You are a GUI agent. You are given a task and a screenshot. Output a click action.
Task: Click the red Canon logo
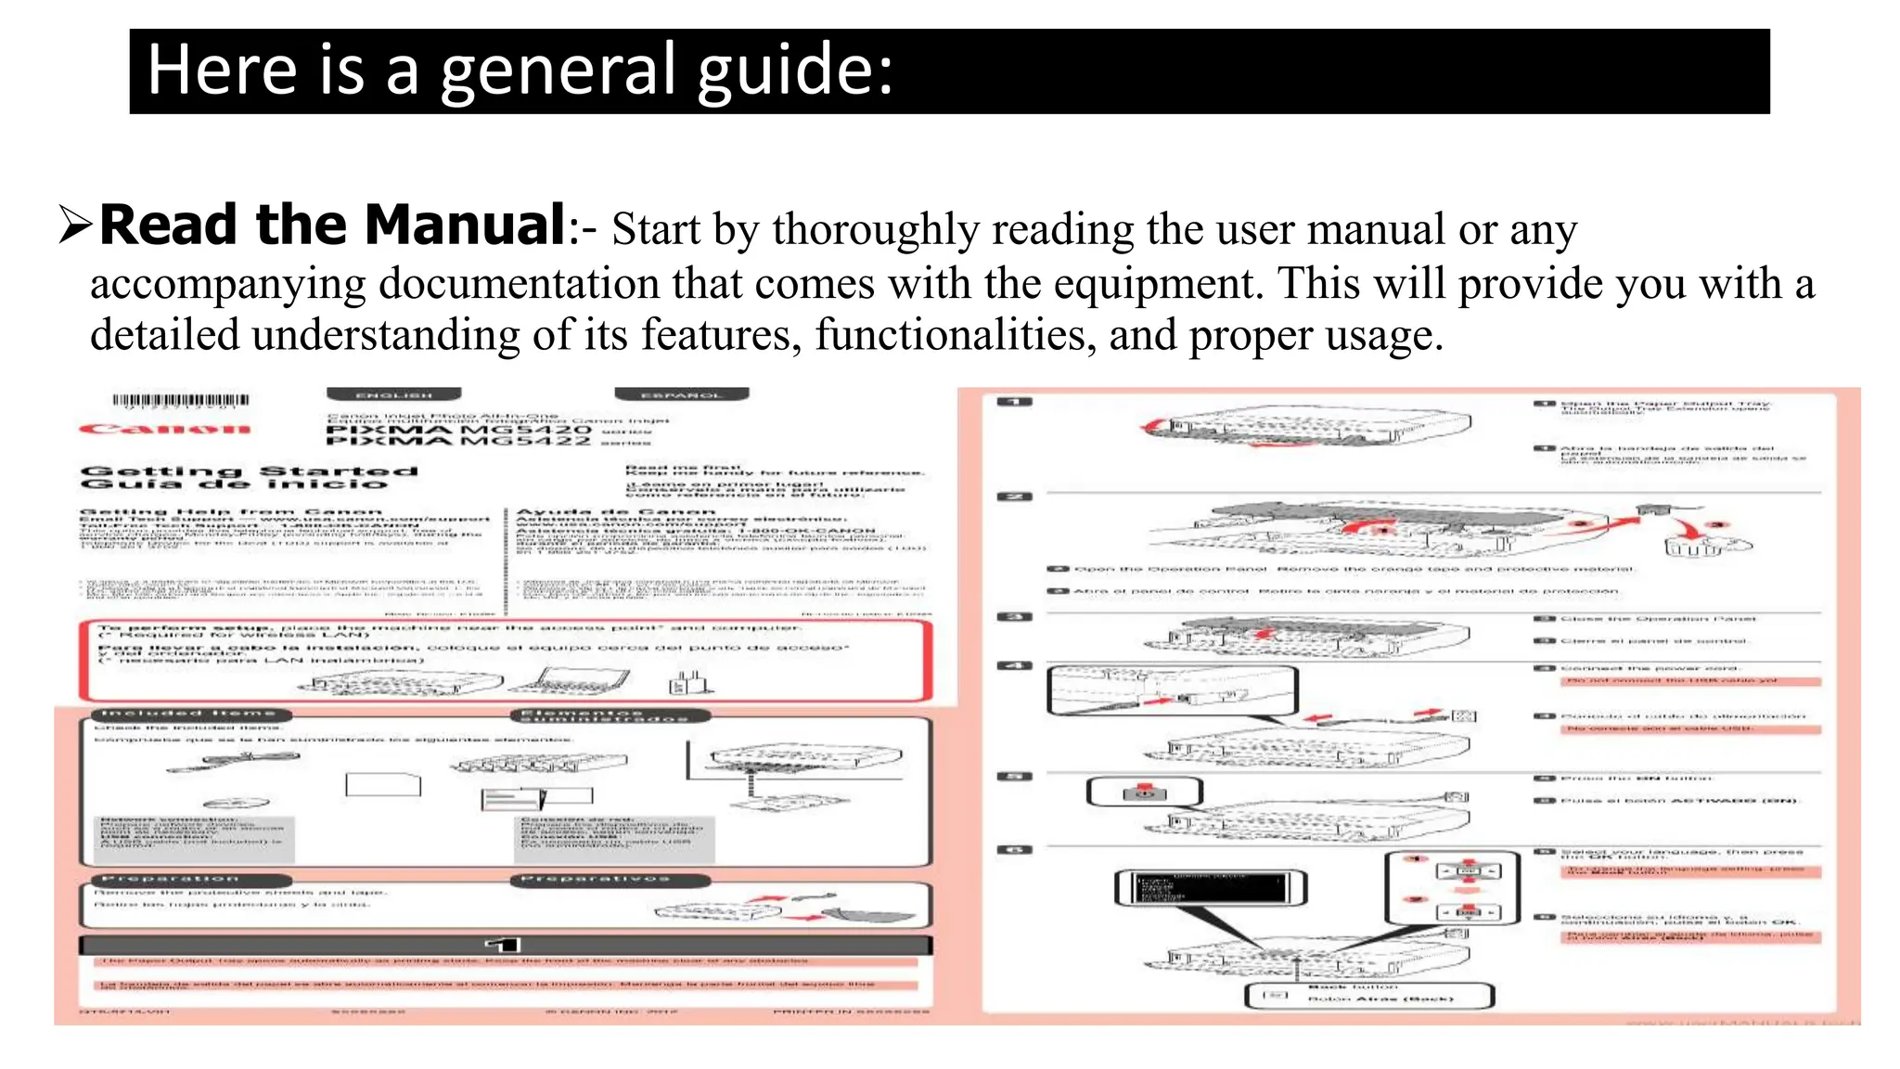point(165,429)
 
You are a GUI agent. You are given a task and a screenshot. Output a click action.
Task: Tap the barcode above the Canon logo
point(181,402)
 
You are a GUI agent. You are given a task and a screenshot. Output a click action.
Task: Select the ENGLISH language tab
point(393,395)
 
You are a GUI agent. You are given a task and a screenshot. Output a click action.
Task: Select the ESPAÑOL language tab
point(681,395)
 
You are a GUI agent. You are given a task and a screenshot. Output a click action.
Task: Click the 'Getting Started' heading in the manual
point(249,471)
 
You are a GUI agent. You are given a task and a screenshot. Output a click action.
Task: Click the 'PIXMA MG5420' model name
point(458,431)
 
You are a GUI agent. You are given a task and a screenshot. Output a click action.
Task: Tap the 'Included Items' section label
point(190,715)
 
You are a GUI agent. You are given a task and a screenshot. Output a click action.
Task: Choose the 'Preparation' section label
point(171,879)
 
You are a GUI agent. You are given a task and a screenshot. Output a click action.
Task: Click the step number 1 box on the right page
point(1014,402)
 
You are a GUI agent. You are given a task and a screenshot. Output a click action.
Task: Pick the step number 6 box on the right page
point(1014,850)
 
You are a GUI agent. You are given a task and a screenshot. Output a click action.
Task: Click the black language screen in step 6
point(1210,887)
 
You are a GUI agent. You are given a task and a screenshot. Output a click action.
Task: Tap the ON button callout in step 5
point(1144,792)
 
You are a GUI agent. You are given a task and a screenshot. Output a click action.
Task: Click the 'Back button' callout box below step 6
point(1368,996)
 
